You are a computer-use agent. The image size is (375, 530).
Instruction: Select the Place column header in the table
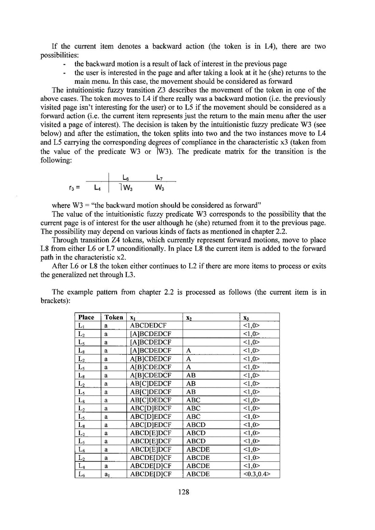coord(86,317)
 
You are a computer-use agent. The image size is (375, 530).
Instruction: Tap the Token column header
coord(114,317)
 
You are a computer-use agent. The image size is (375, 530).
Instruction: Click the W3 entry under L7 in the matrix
coord(160,188)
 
